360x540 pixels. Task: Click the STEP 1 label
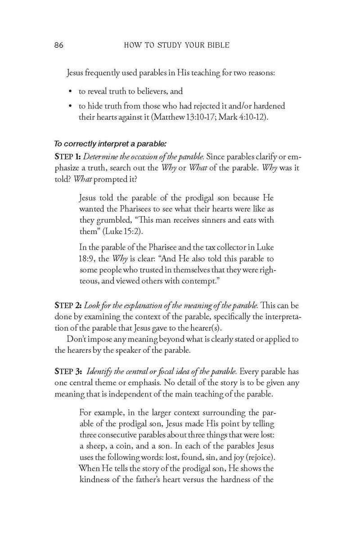(x=67, y=156)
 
